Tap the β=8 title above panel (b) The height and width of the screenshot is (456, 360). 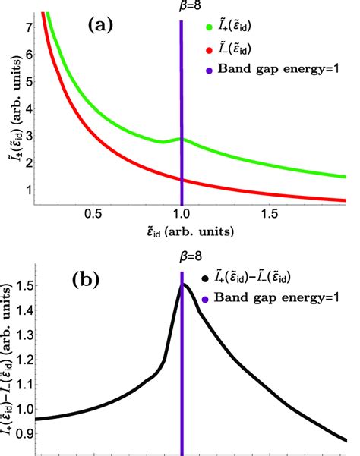[x=182, y=257]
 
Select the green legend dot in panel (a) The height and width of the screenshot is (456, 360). [x=210, y=28]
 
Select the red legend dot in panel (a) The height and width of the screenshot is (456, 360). [x=210, y=50]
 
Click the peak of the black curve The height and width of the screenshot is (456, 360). [x=183, y=285]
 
